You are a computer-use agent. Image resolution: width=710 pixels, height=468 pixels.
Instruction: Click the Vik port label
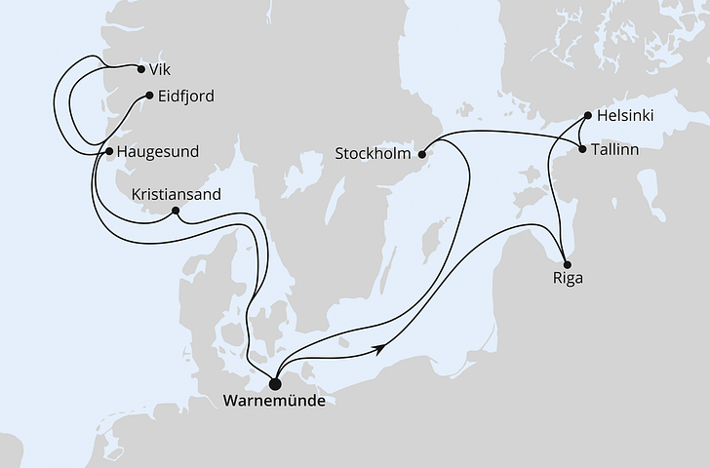coord(161,70)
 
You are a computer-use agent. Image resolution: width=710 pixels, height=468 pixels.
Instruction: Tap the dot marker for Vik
coord(141,69)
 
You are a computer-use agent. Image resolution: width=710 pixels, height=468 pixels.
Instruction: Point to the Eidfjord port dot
coord(148,96)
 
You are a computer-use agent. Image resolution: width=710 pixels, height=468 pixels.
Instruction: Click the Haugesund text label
coord(158,152)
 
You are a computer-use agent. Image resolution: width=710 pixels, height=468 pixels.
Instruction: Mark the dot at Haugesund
coord(109,152)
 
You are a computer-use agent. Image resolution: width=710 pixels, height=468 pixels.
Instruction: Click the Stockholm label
coord(374,154)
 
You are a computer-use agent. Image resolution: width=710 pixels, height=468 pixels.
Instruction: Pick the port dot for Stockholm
coord(422,153)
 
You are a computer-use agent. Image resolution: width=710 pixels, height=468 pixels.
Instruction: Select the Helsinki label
coord(627,116)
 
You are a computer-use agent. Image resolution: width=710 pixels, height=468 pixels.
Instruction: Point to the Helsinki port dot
coord(588,116)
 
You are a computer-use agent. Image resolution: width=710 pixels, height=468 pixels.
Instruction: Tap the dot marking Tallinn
coord(583,150)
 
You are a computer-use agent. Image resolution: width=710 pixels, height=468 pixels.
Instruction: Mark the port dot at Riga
coord(566,261)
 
